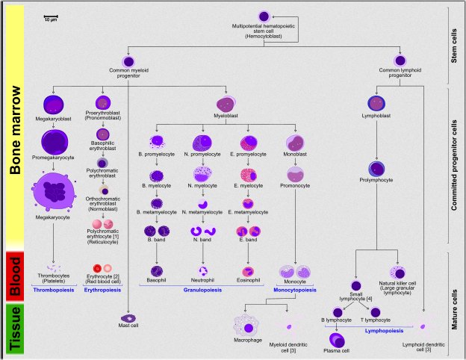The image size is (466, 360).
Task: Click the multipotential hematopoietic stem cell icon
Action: [x=264, y=16]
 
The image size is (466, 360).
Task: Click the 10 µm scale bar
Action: [x=50, y=15]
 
